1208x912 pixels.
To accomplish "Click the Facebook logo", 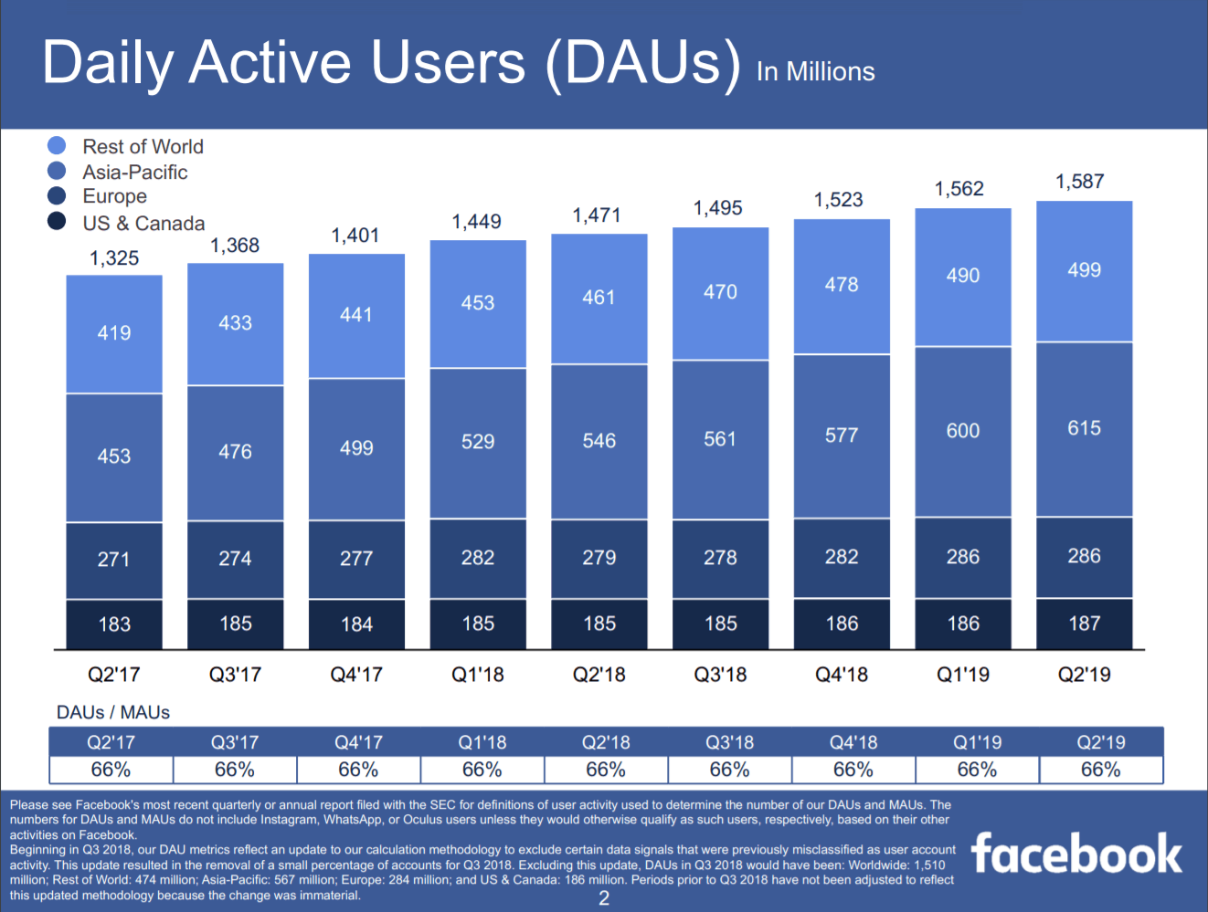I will [x=1076, y=854].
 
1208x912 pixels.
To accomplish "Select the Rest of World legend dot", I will [x=57, y=146].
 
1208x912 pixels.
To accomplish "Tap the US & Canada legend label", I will [x=143, y=223].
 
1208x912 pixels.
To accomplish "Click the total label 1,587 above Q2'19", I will [x=1079, y=182].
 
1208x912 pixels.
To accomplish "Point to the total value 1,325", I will [x=114, y=258].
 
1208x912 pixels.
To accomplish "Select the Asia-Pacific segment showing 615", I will [x=1084, y=429].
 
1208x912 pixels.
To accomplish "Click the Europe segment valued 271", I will [x=114, y=560].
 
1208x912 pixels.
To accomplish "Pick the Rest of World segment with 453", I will [x=478, y=303].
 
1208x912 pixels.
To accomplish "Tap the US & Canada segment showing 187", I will [x=1084, y=624].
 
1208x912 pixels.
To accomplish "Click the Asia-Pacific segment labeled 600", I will [x=962, y=431].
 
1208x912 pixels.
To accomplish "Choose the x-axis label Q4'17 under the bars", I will [x=356, y=675].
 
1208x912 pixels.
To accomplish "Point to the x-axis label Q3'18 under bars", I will [x=720, y=675].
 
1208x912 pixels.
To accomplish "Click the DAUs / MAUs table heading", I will [x=113, y=712].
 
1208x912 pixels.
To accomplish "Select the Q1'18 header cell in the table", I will [x=482, y=742].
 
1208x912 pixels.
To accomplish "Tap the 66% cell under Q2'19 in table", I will [x=1100, y=770].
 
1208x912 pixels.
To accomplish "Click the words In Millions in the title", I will [x=815, y=72].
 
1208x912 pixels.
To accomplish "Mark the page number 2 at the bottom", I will [x=604, y=898].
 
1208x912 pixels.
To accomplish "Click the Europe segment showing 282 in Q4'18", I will [x=842, y=558].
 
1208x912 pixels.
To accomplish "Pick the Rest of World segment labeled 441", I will [x=356, y=315].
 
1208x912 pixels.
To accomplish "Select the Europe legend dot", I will [x=57, y=195].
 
